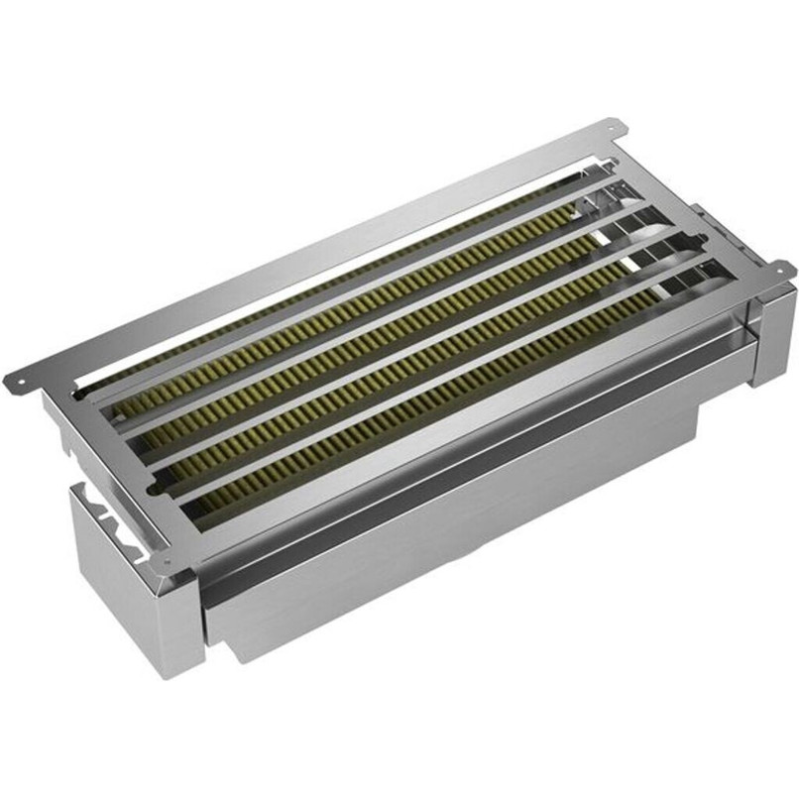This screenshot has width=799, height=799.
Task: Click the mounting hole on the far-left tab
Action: (15, 379)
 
